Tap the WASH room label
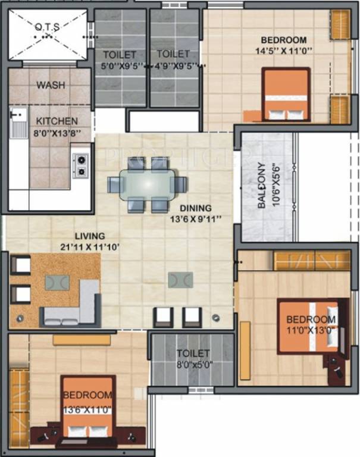point(51,85)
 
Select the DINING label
point(197,208)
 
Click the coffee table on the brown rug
point(57,282)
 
